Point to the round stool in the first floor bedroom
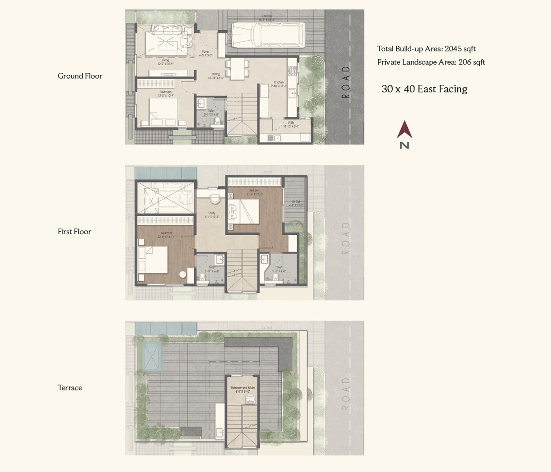[183, 275]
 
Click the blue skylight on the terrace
[152, 356]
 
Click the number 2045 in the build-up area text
[453, 49]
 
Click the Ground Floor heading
[80, 76]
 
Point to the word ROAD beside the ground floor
[346, 82]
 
